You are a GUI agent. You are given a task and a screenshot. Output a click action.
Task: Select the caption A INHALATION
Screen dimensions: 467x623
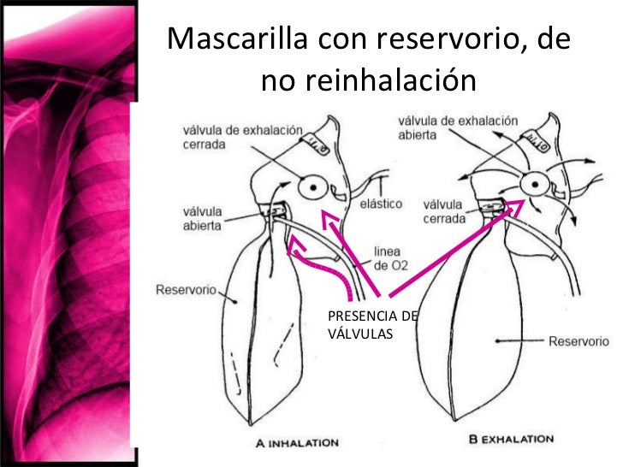(x=297, y=443)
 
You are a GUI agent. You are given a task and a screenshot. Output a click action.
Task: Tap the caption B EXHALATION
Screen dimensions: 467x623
(x=512, y=440)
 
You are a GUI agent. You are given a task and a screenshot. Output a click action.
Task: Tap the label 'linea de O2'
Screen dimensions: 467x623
(x=391, y=259)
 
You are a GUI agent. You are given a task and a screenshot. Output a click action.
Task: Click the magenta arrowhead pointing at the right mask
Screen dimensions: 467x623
(x=519, y=205)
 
